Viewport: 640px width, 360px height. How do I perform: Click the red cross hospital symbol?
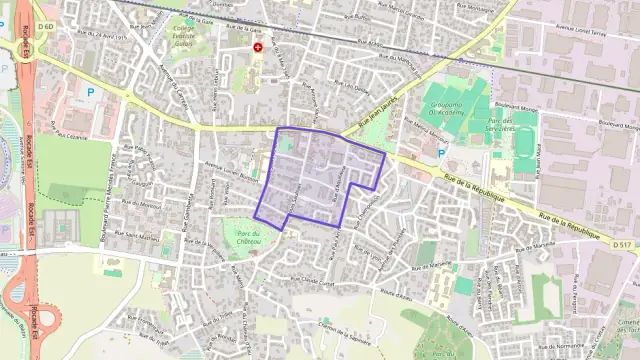259,47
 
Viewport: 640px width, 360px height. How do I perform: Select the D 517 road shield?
623,243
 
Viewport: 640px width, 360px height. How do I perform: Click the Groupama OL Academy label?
465,111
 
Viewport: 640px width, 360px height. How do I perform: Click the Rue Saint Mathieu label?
134,238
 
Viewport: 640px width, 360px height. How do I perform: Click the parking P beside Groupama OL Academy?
441,153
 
